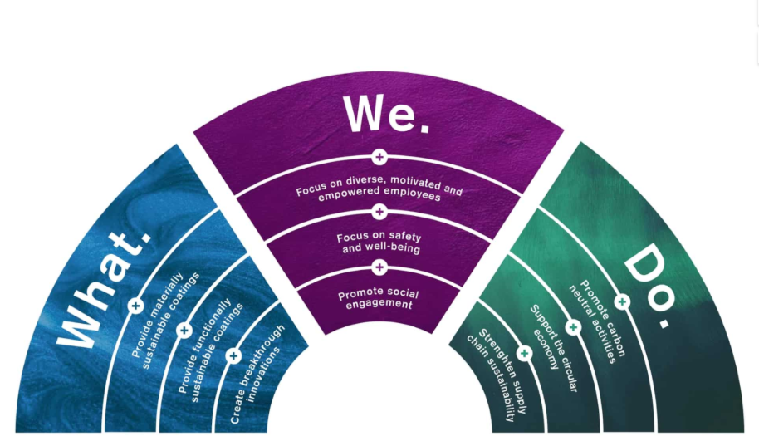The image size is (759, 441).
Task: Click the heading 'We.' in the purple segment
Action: [x=386, y=114]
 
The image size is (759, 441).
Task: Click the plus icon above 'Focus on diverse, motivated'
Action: [x=379, y=156]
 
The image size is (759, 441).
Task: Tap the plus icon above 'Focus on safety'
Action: [x=379, y=211]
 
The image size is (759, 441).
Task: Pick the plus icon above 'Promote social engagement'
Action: [x=379, y=267]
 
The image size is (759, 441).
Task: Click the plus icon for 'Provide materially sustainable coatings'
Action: [x=136, y=306]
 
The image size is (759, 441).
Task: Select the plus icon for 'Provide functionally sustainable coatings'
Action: [x=184, y=331]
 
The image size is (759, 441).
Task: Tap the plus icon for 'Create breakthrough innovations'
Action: [x=233, y=355]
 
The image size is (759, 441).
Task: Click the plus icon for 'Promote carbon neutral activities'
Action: [x=622, y=301]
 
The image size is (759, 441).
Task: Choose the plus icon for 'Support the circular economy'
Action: [x=573, y=327]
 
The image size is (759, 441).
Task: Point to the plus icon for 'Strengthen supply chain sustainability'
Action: [x=524, y=354]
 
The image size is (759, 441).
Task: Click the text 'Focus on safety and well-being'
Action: [x=379, y=243]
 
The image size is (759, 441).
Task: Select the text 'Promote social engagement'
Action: [x=379, y=299]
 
